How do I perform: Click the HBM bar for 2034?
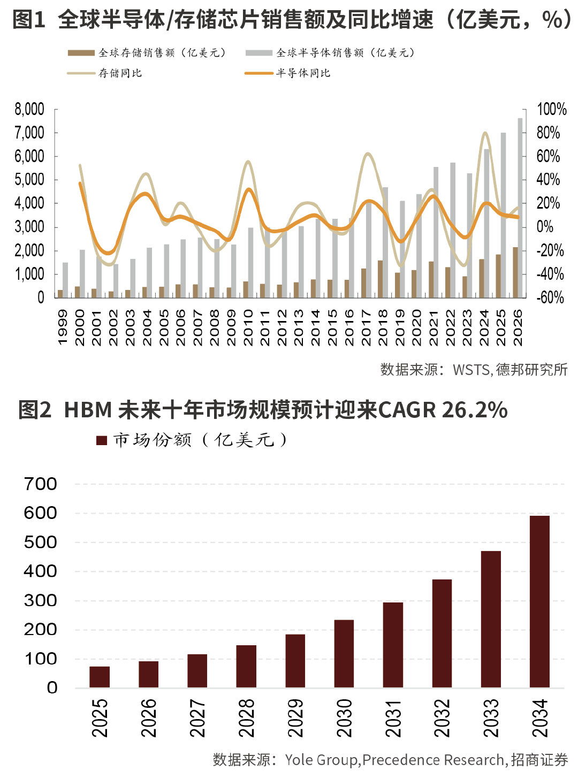tap(539, 601)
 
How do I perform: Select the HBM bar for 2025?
tap(100, 677)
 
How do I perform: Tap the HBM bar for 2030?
tap(344, 653)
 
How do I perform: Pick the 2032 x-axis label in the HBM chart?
tap(442, 718)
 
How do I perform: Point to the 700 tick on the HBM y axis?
tap(41, 484)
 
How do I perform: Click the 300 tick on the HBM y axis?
tap(41, 601)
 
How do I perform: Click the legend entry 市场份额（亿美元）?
tap(193, 440)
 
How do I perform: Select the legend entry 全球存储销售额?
tap(147, 52)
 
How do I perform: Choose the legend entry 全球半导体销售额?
tap(330, 52)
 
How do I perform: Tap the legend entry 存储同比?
tap(105, 73)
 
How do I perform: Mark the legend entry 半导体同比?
tap(287, 73)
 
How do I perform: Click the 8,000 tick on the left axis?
tap(29, 110)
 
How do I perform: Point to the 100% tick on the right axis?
tap(551, 110)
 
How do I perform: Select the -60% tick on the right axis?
tap(551, 297)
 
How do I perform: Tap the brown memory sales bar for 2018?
tap(381, 279)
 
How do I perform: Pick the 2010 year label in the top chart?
tap(248, 327)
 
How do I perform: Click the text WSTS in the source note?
tap(471, 370)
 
